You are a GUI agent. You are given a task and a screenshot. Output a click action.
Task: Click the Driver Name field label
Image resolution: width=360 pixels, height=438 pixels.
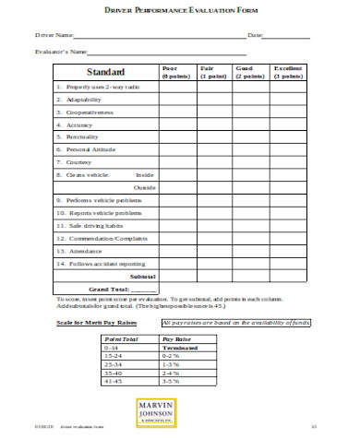pyautogui.click(x=54, y=35)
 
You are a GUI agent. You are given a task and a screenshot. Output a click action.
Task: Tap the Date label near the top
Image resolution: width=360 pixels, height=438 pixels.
pyautogui.click(x=256, y=35)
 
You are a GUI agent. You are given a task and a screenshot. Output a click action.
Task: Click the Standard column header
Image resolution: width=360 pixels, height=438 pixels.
pyautogui.click(x=105, y=72)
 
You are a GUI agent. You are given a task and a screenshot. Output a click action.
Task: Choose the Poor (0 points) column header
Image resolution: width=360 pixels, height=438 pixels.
pyautogui.click(x=176, y=73)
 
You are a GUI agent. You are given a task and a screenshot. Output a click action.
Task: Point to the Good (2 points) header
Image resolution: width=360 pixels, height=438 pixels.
pyautogui.click(x=250, y=73)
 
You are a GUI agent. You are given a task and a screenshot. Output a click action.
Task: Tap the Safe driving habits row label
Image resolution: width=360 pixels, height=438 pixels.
pyautogui.click(x=91, y=224)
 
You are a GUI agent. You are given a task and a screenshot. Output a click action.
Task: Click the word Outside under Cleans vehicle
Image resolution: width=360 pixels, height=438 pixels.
pyautogui.click(x=144, y=186)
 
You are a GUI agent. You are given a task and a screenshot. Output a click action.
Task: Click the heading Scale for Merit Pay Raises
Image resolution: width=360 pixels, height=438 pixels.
pyautogui.click(x=97, y=323)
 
